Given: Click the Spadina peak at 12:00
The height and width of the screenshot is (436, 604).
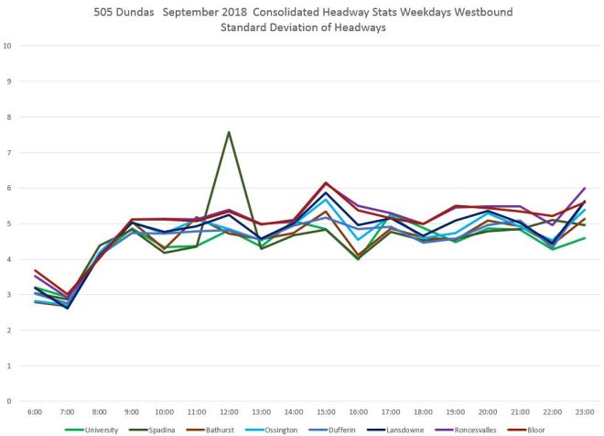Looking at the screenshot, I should pos(229,132).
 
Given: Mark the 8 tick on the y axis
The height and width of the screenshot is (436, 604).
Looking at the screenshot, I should pos(8,117).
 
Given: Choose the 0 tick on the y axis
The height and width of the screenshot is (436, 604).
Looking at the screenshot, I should pos(8,401).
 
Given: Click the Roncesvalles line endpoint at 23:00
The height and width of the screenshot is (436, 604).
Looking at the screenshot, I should pos(584,188).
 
